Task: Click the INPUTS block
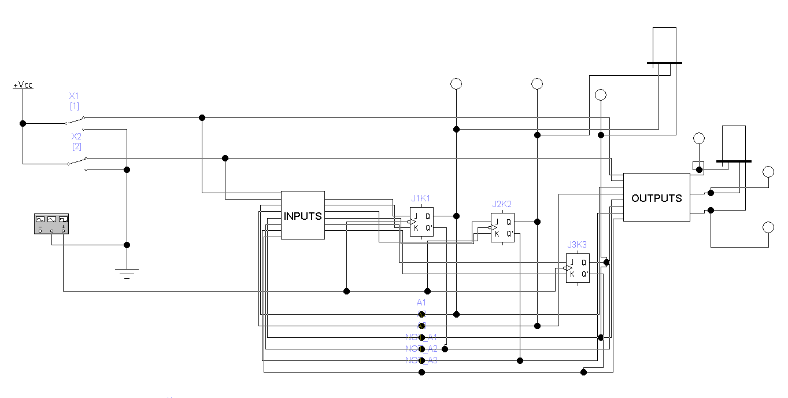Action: click(302, 215)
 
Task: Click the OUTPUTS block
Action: click(656, 197)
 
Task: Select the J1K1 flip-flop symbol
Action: click(421, 222)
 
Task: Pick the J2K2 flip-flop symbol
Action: click(502, 227)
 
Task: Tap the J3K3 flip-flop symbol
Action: click(578, 268)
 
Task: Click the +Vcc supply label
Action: click(23, 85)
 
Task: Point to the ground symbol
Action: click(127, 272)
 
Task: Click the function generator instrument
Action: click(51, 224)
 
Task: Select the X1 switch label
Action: click(75, 95)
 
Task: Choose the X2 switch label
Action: click(76, 137)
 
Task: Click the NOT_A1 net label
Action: click(421, 337)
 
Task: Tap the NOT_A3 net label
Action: click(421, 360)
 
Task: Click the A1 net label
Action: click(421, 302)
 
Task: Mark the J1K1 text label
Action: click(421, 198)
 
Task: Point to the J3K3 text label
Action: click(577, 245)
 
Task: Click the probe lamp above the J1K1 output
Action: click(456, 84)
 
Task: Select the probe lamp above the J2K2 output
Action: click(537, 84)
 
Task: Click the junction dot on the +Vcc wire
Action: click(23, 123)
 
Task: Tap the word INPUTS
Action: click(302, 216)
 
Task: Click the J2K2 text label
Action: click(502, 204)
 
